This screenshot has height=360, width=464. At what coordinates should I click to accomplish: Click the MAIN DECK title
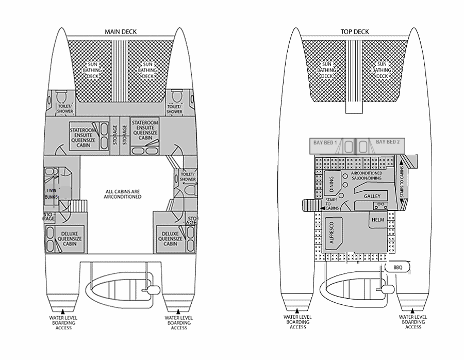pos(121,31)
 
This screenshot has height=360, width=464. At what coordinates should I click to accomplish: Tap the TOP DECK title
pos(355,31)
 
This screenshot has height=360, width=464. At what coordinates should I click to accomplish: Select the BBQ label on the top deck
pos(397,268)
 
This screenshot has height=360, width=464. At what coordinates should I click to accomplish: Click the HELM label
pos(378,220)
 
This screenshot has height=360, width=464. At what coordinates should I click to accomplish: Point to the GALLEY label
pos(372,197)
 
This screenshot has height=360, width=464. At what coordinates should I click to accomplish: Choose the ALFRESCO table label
pos(332,233)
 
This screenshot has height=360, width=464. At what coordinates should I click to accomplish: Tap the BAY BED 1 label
pos(325,143)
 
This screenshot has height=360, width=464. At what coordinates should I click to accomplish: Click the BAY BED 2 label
pos(388,142)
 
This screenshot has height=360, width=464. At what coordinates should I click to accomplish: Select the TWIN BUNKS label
pos(52,193)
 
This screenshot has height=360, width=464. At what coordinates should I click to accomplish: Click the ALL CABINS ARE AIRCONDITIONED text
pos(123,194)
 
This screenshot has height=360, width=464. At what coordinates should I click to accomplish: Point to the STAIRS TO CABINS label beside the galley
pos(402,182)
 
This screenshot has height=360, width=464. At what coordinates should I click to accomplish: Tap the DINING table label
pos(332,184)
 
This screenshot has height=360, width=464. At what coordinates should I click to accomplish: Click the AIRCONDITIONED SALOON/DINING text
pos(367,175)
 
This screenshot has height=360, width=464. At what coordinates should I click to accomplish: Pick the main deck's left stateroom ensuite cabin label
pos(83,138)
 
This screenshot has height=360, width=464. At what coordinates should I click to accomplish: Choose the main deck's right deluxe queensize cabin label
pos(170,239)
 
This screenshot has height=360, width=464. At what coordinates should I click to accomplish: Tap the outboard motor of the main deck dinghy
pos(152,290)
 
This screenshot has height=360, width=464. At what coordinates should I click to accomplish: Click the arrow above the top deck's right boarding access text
pos(412,311)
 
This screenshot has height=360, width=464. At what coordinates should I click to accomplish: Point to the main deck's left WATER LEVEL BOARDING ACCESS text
pos(63,323)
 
